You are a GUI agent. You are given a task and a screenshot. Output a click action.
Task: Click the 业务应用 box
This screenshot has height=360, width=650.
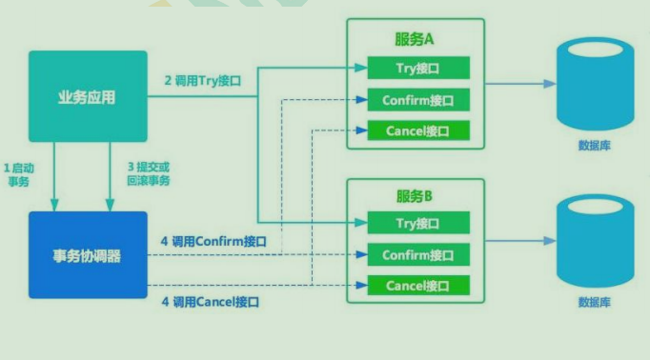[88, 98]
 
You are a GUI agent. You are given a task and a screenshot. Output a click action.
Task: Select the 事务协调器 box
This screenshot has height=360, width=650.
[88, 256]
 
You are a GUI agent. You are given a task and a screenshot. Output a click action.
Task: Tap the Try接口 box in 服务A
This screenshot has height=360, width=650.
[417, 68]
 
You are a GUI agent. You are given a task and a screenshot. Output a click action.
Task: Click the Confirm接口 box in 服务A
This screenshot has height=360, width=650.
[417, 99]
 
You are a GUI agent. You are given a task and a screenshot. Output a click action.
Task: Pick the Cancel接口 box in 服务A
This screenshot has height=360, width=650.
[417, 130]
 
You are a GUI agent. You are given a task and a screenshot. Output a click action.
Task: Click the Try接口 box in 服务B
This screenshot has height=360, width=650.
[417, 224]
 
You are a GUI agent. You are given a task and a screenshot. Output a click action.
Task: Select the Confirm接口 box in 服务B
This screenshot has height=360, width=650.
[417, 255]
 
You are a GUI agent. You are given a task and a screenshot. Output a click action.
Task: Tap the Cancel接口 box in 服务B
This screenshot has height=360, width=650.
[417, 286]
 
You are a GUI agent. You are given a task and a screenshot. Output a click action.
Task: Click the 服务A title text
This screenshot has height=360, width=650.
[415, 40]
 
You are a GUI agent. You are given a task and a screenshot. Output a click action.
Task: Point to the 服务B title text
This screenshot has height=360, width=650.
[415, 196]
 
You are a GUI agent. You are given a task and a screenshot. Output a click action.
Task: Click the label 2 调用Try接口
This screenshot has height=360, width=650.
[203, 81]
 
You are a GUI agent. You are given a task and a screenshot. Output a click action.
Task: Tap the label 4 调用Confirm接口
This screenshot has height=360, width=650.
[213, 242]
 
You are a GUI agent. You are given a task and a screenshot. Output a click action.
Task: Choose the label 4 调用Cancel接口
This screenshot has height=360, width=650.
[210, 302]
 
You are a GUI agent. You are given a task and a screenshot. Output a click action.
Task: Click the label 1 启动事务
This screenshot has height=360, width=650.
[20, 174]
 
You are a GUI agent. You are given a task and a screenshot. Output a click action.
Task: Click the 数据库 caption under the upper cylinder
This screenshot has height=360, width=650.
[595, 146]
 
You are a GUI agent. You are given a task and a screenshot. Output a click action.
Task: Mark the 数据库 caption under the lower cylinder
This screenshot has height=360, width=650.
[595, 302]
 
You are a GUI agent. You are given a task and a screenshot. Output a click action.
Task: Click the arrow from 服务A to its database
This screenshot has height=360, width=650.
[520, 83]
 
